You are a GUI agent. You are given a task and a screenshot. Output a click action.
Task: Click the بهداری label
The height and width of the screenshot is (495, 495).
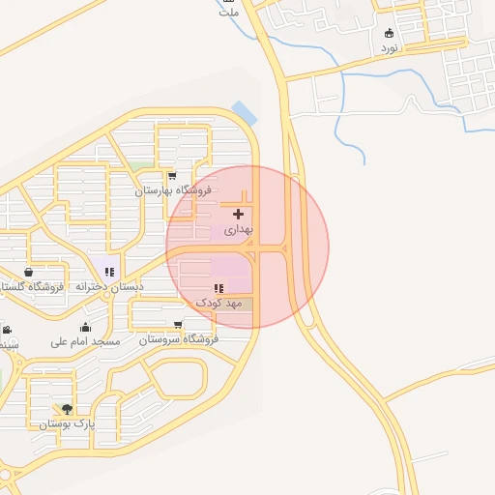point(238,231)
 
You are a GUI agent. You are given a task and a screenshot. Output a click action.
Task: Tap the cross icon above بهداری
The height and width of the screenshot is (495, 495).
point(238,213)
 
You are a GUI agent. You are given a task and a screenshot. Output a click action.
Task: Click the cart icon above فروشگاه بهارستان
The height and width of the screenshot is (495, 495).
point(172,176)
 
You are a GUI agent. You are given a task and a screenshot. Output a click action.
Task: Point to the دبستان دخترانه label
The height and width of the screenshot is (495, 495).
point(108,287)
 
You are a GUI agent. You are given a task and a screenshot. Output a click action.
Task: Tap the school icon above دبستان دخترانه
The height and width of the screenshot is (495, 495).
point(109,272)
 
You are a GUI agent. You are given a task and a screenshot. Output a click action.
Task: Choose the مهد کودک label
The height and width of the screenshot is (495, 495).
point(218,304)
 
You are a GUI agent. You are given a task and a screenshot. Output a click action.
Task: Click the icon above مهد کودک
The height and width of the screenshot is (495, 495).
point(218,288)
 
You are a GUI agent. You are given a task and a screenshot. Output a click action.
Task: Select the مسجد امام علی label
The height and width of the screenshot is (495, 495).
point(86,341)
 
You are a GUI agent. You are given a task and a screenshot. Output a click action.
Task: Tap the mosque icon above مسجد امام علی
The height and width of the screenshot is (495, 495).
point(86,326)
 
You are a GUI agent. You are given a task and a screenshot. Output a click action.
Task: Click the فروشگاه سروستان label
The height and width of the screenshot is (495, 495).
point(178,339)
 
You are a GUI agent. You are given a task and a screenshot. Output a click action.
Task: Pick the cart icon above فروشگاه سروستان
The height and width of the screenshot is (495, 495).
point(178,324)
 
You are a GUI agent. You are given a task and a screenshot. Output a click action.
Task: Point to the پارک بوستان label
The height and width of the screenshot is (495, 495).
point(66,424)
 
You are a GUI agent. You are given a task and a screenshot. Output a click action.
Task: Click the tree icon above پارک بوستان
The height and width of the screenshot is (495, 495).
point(66,409)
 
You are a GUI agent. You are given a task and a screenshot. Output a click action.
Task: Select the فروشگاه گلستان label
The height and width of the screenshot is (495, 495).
point(32,287)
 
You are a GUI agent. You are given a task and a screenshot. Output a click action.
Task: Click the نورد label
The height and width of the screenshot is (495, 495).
point(389,47)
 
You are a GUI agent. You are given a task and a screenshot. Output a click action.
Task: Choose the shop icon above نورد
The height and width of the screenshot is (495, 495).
point(389,32)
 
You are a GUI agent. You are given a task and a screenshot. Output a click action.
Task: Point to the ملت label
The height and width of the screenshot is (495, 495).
point(229,13)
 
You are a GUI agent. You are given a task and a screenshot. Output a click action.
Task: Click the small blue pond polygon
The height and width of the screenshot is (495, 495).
point(246,113)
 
